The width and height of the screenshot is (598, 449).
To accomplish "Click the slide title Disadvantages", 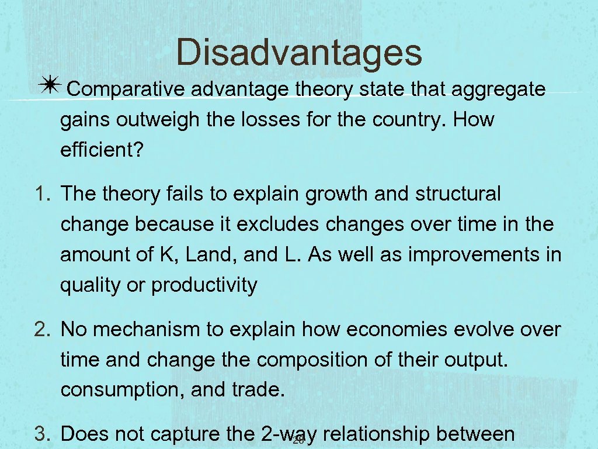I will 298,52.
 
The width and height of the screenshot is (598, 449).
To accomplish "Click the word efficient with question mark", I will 101,151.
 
